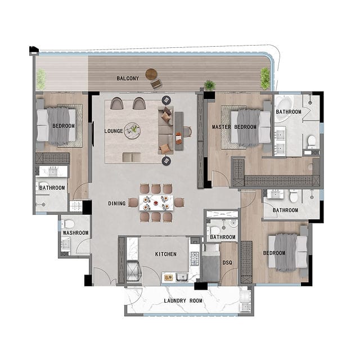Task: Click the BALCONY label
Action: tap(128, 79)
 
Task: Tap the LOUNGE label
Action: tap(114, 131)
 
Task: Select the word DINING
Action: tap(117, 204)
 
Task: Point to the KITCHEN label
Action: tap(166, 254)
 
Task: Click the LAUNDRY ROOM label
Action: tap(183, 301)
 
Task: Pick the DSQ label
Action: tap(227, 263)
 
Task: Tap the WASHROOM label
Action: tap(75, 233)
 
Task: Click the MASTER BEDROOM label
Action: tap(234, 127)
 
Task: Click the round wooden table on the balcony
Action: tap(151, 74)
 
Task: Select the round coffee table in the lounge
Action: tap(132, 130)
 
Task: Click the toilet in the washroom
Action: tap(69, 224)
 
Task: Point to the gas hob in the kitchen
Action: tap(195, 258)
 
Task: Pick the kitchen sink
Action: tap(182, 277)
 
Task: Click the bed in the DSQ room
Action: tap(210, 263)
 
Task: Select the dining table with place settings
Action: tap(156, 202)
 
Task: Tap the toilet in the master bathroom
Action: tap(312, 142)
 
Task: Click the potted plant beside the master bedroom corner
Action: tap(209, 85)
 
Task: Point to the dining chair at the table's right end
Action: tap(179, 202)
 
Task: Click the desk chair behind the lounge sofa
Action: tap(187, 132)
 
